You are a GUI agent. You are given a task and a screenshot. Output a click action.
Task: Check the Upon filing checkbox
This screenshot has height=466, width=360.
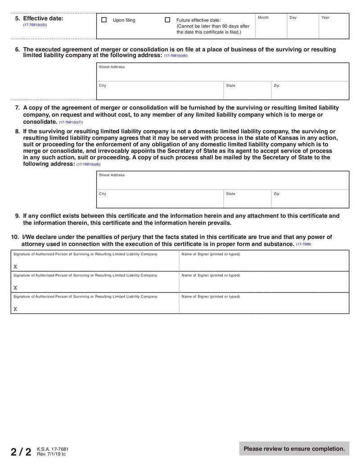[104, 20]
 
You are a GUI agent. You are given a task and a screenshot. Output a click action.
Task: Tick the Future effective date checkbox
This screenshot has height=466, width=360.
[167, 20]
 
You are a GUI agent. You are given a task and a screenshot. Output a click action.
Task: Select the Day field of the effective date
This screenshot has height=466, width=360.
[302, 28]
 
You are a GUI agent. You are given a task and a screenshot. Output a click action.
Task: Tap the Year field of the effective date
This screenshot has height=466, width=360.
[333, 28]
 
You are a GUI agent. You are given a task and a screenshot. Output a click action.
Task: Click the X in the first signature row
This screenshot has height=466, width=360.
[15, 267]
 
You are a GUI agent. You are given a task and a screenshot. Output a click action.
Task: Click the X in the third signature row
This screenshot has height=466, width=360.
[15, 309]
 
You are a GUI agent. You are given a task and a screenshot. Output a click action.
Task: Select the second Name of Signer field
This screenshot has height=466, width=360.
[264, 284]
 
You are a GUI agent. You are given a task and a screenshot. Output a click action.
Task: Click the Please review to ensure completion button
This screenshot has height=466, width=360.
[294, 448]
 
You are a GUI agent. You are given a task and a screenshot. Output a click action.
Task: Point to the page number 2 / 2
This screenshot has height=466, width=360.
[21, 452]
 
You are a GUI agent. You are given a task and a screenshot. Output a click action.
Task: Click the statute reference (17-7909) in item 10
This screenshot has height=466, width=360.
[303, 244]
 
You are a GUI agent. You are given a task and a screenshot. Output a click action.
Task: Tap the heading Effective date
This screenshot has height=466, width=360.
[43, 19]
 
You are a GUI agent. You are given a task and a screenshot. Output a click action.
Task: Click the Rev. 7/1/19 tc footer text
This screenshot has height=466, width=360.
[51, 454]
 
